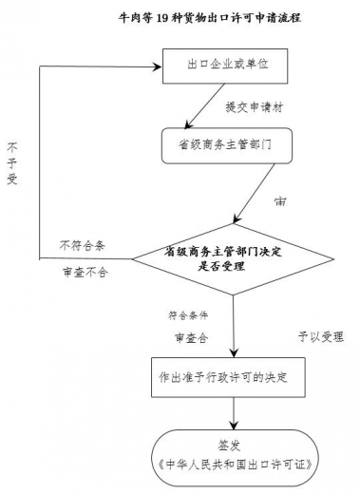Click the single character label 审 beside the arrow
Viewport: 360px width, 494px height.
[x=280, y=202]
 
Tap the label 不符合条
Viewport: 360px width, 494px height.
[x=82, y=245]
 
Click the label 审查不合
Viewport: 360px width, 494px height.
[x=82, y=272]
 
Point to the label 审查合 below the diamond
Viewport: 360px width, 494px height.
[x=190, y=336]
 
